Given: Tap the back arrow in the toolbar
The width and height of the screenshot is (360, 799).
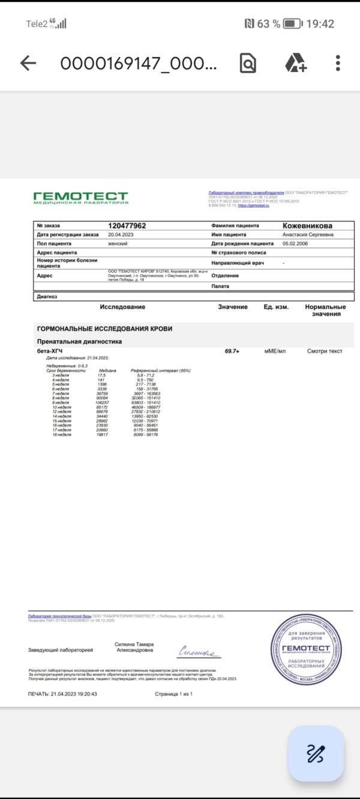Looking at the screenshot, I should [28, 63].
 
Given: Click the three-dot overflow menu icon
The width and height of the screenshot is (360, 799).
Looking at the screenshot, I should [338, 63].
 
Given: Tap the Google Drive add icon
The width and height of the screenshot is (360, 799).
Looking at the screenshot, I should [295, 63].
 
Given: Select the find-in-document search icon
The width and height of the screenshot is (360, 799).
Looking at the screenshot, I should [248, 63].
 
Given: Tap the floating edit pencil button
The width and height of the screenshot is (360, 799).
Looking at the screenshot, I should [316, 753].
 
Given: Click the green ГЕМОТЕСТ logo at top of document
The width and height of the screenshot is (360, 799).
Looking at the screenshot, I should [80, 198].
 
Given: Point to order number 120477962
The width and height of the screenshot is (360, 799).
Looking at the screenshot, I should [127, 226].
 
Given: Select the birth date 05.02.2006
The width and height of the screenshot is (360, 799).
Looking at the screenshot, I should [298, 244].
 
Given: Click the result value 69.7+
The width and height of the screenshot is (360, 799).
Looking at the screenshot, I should [232, 351].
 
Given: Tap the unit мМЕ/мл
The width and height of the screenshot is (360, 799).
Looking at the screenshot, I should [276, 351].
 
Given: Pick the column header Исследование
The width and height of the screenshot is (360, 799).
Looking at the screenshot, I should [122, 307].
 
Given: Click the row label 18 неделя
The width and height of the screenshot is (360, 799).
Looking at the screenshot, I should [62, 435].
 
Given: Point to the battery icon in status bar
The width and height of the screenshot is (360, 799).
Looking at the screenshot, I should [293, 24].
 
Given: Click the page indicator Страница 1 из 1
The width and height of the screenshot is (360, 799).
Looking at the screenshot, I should [173, 693].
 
